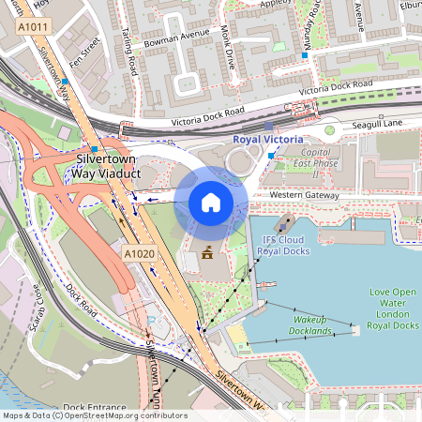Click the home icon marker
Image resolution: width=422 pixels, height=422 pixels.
[211, 202]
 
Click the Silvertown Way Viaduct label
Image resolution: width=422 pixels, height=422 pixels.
[107, 164]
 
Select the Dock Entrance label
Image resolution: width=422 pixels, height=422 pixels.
[94, 408]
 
